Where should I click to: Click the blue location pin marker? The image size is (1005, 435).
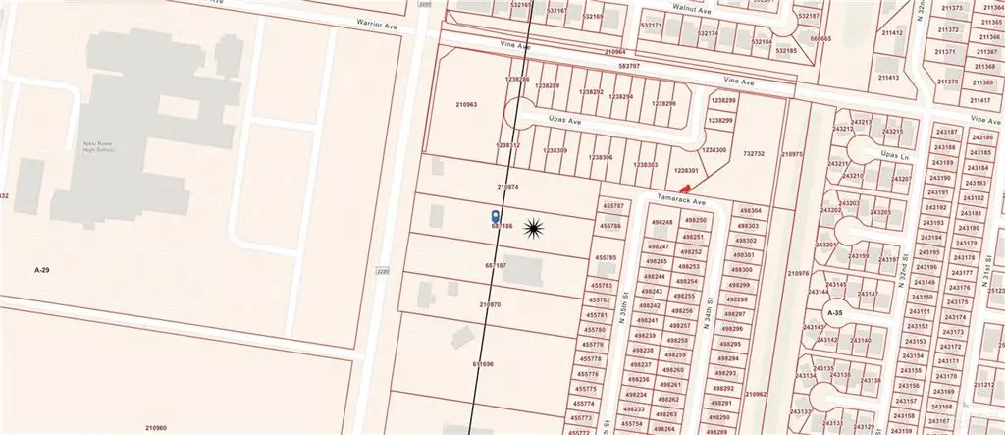tap(495, 215)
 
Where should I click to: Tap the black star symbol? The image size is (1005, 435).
tap(534, 229)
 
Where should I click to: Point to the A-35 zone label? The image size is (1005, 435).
tap(834, 313)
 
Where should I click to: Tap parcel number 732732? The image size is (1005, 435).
tap(754, 154)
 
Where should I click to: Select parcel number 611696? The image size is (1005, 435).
tap(482, 364)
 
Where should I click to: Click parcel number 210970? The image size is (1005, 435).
tap(490, 305)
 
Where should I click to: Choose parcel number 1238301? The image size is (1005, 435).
tap(684, 171)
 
